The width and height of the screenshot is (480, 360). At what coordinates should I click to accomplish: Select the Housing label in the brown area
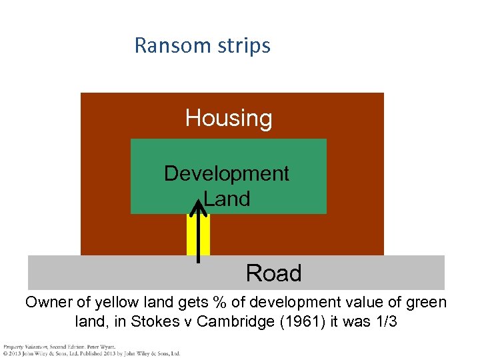click(229, 118)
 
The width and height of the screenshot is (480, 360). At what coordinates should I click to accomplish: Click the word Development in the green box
click(226, 173)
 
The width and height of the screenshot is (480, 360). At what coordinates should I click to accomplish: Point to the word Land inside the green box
click(227, 198)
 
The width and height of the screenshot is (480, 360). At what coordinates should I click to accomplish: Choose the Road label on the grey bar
click(273, 273)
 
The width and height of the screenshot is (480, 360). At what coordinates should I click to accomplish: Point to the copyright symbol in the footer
click(5, 353)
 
